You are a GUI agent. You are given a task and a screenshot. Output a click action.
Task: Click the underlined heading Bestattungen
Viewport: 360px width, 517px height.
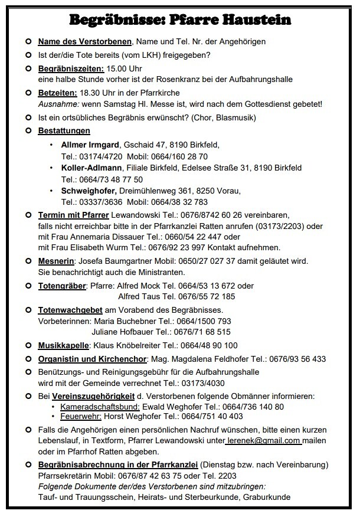click(x=64, y=130)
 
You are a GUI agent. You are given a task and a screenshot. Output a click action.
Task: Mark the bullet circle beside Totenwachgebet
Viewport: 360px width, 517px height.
click(x=28, y=310)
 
